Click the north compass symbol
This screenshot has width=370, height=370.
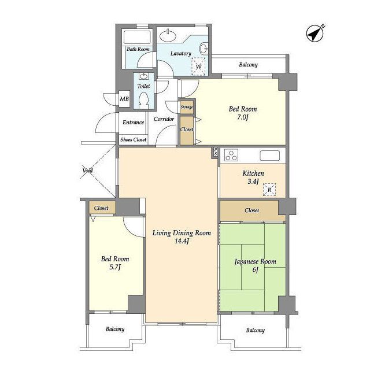pos(315,34)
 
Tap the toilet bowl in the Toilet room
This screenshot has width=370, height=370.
pos(144,99)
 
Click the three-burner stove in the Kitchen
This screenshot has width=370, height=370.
pos(231,156)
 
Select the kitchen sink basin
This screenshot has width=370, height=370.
pos(270,156)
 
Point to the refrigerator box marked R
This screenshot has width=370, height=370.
pos(269,190)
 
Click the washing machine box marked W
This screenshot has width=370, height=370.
pos(198,66)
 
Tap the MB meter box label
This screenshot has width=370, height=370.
pos(124,99)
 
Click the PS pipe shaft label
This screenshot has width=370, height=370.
pos(216,151)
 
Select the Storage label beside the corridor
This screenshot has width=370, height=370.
pos(187,107)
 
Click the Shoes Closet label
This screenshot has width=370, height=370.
pos(134,139)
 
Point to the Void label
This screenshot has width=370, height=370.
pos(87,171)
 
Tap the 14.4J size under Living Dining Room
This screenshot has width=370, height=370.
pos(182,242)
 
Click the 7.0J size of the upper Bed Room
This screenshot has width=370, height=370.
pos(243,117)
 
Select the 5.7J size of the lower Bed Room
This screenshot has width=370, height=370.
pos(115,267)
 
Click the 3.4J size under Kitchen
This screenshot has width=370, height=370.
pos(253,182)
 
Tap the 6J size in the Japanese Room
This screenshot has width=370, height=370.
pos(256,270)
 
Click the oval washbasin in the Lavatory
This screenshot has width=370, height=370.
pos(168,36)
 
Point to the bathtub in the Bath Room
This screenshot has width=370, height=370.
pos(138,37)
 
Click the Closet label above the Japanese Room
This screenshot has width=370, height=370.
pos(252,210)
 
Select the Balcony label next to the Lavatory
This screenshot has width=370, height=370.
pos(248,65)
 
